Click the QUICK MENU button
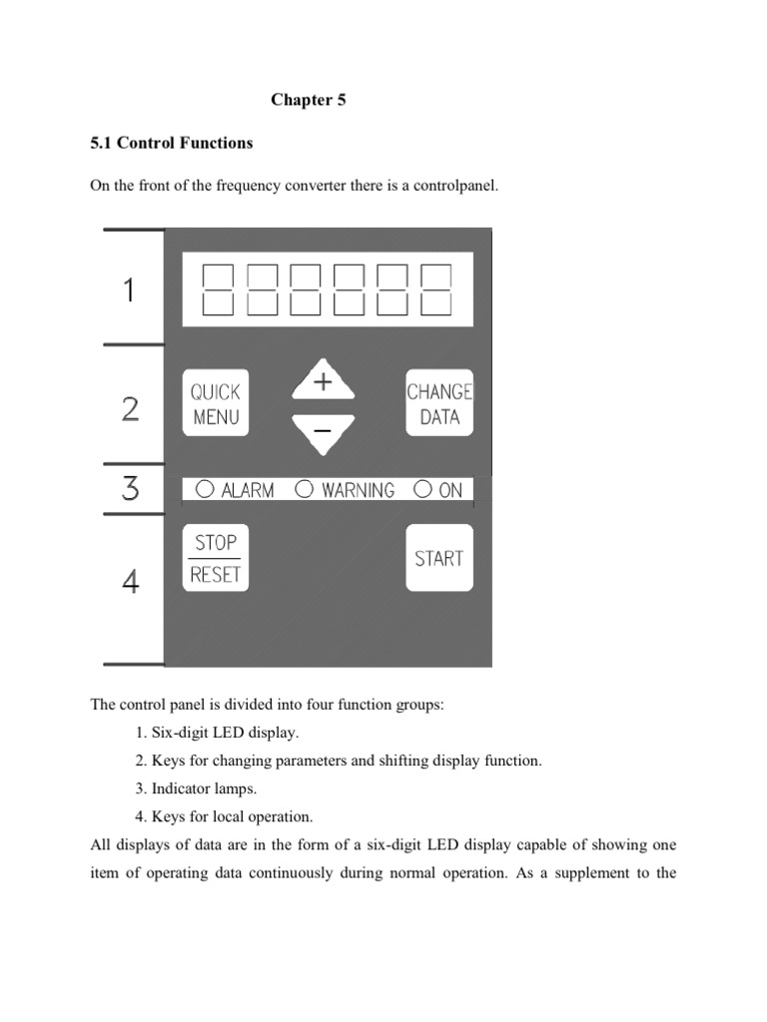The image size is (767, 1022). tap(215, 403)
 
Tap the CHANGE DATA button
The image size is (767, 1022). tap(439, 403)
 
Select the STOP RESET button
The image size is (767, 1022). tap(215, 558)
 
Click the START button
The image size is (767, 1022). tap(439, 558)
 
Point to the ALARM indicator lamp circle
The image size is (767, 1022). tap(205, 489)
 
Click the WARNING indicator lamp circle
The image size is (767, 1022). tap(306, 489)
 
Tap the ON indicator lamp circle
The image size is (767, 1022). tap(422, 489)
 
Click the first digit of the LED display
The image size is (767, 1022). tap(219, 289)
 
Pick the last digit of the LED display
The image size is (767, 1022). tap(435, 289)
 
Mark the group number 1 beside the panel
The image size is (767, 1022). tap(128, 290)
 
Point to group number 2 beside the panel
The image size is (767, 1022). tap(130, 409)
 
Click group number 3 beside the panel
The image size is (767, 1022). tap(130, 490)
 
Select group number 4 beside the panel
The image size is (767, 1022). tap(130, 582)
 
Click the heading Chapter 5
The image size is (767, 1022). tap(309, 101)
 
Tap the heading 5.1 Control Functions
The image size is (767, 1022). tap(172, 143)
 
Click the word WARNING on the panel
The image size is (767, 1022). tap(358, 490)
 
